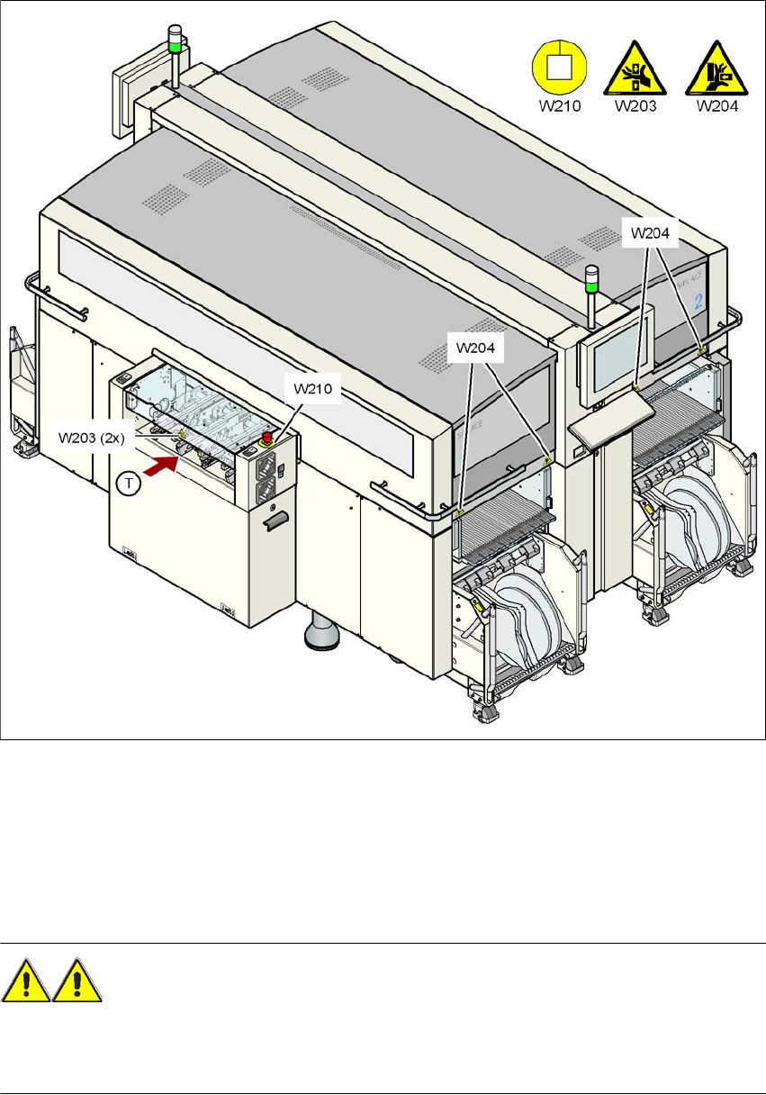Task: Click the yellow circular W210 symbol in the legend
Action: (x=558, y=70)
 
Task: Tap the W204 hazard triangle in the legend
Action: (x=711, y=71)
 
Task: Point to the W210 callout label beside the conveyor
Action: (x=311, y=390)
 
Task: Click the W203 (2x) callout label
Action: (x=91, y=438)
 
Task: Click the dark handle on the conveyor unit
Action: (x=278, y=520)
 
